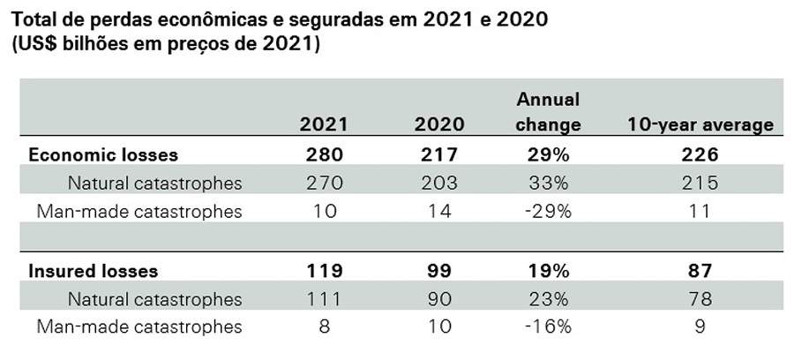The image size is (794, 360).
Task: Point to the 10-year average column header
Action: (700, 124)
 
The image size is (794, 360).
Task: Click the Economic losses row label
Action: (103, 154)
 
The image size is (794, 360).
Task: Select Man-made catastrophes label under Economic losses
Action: (139, 211)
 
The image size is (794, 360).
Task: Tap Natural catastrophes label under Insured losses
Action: (154, 298)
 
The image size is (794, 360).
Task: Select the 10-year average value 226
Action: (700, 154)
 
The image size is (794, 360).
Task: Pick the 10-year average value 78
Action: (700, 298)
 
